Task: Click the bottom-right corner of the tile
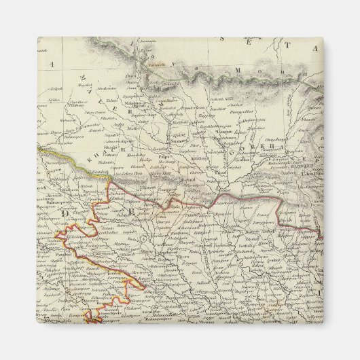[x=323, y=323]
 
